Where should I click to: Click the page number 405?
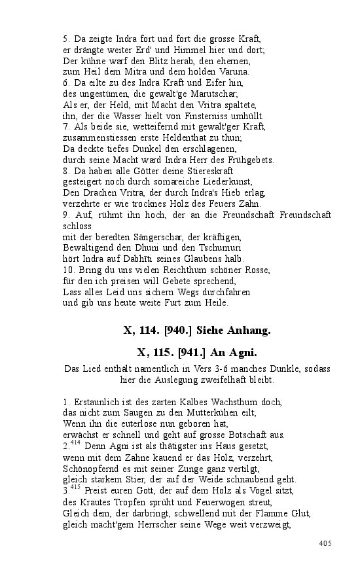tap(325, 543)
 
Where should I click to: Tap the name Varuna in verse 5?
tap(234, 71)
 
